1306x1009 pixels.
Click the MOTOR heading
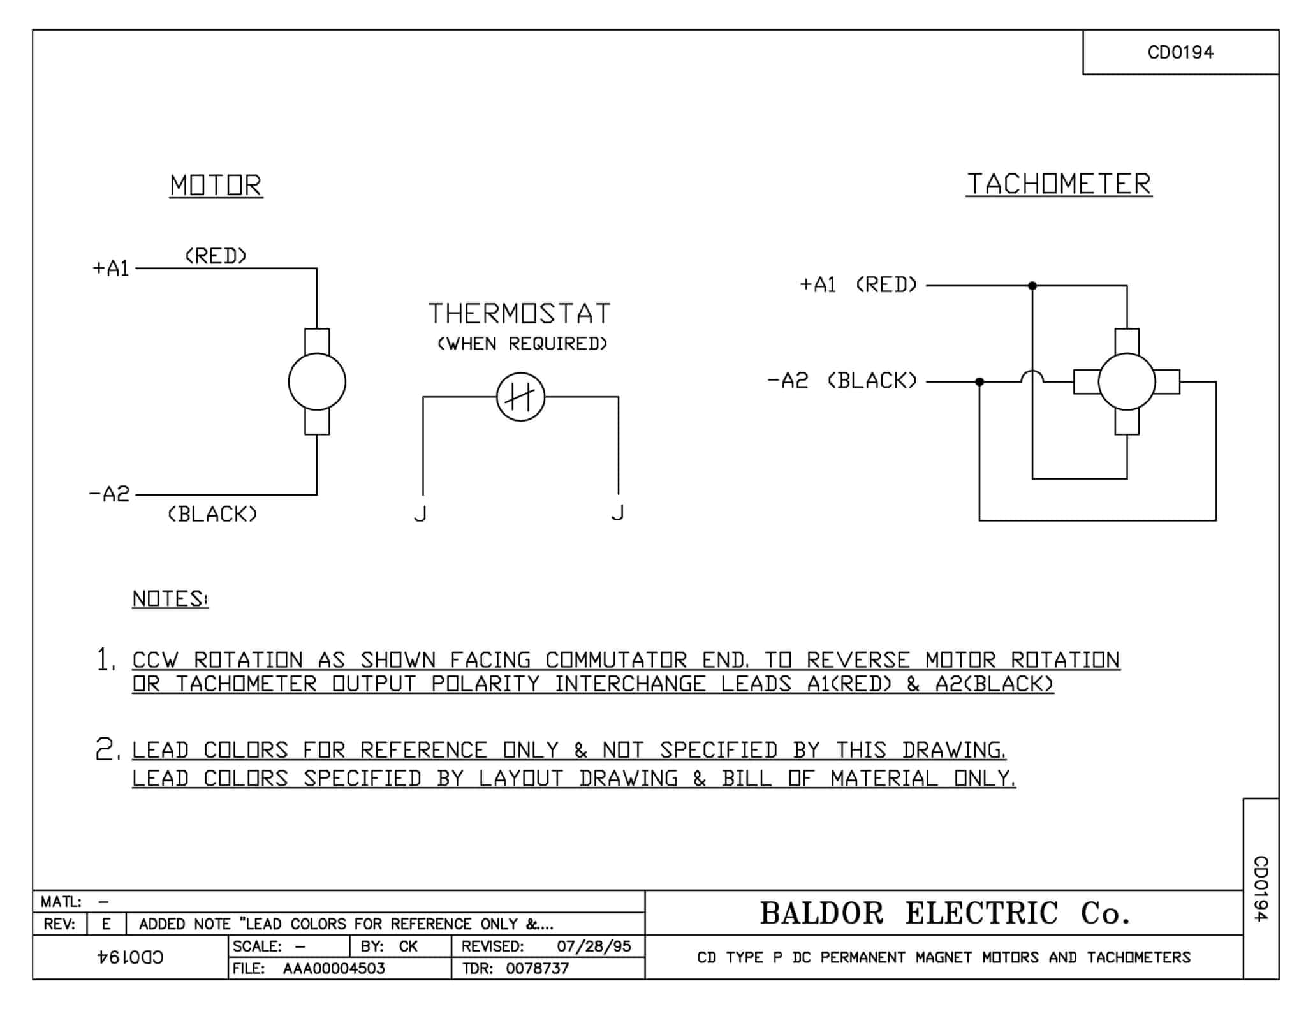click(216, 186)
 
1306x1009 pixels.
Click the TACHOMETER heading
click(1059, 184)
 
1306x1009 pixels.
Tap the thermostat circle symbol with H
click(520, 397)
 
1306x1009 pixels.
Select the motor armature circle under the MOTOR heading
click(317, 381)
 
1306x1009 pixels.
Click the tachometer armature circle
click(1127, 381)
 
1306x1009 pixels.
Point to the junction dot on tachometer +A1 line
click(1032, 286)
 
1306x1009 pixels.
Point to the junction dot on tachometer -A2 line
click(979, 381)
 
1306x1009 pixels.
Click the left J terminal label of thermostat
click(420, 513)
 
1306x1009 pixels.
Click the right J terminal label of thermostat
click(617, 512)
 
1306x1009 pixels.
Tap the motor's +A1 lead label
click(111, 269)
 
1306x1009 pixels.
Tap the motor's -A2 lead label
click(109, 494)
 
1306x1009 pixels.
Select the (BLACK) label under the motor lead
click(212, 514)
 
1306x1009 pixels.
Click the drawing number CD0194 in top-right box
click(1180, 52)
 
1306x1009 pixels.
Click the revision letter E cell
click(106, 924)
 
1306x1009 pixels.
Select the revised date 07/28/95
click(593, 946)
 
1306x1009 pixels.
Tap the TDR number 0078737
click(537, 968)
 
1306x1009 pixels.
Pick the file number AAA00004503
click(334, 968)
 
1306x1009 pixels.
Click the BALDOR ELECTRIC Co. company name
click(944, 913)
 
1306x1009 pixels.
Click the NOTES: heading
click(170, 598)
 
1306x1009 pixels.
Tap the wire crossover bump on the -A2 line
click(1032, 376)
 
